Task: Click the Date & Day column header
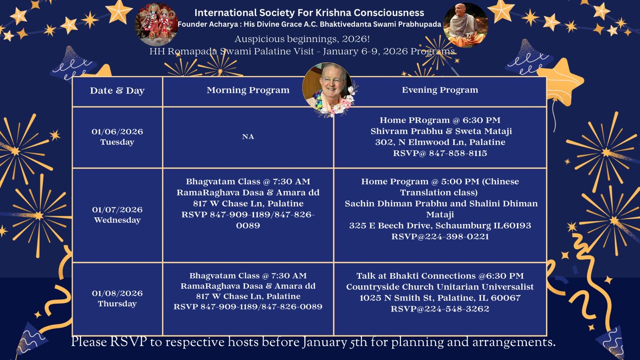[x=117, y=91]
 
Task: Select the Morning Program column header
[x=248, y=90]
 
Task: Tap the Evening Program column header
[x=440, y=90]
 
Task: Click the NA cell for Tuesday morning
[x=248, y=137]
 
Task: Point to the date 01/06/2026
[x=117, y=132]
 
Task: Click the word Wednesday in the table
[x=117, y=220]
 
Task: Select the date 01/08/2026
[x=117, y=293]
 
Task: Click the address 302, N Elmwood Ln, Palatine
[x=440, y=142]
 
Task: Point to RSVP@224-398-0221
[x=440, y=237]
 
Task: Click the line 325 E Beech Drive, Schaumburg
[x=440, y=226]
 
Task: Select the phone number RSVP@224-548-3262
[x=440, y=309]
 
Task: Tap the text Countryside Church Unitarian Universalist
[x=440, y=287]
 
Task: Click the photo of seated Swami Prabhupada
[x=465, y=25]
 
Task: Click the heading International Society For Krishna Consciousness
[x=309, y=13]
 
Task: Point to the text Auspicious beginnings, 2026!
[x=302, y=39]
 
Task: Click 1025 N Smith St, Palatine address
[x=440, y=298]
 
